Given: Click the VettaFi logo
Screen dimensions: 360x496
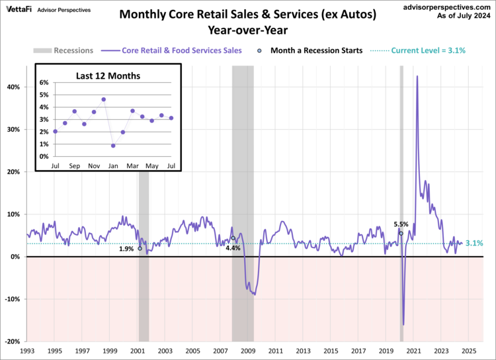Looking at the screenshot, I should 19,9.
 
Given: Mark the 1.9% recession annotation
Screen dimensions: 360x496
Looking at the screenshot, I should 127,249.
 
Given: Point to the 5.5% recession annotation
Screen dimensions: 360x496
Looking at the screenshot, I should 401,224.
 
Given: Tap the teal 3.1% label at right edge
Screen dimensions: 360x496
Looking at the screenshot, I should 474,244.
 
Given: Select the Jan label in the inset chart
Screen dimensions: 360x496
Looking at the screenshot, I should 113,165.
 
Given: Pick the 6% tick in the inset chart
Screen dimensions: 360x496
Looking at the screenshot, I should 44,83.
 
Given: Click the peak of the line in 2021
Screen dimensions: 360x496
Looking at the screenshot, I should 417,76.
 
